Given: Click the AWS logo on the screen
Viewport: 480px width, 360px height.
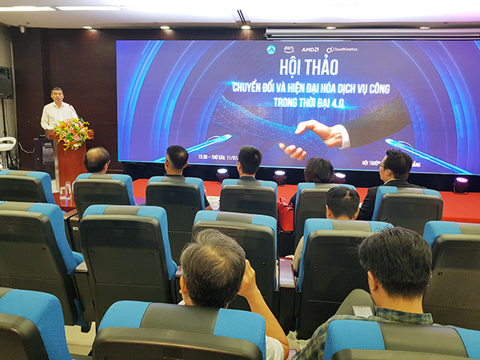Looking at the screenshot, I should point(288,50).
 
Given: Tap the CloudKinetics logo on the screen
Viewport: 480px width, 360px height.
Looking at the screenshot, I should point(342,50).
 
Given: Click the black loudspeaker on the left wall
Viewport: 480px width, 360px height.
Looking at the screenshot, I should point(6,83).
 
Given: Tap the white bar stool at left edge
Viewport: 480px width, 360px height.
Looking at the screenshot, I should point(6,144).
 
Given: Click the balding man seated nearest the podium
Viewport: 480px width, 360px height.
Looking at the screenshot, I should point(97,159).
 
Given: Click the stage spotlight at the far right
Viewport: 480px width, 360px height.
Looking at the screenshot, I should point(461,184).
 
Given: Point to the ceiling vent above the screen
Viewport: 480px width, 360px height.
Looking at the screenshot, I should point(241,16).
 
